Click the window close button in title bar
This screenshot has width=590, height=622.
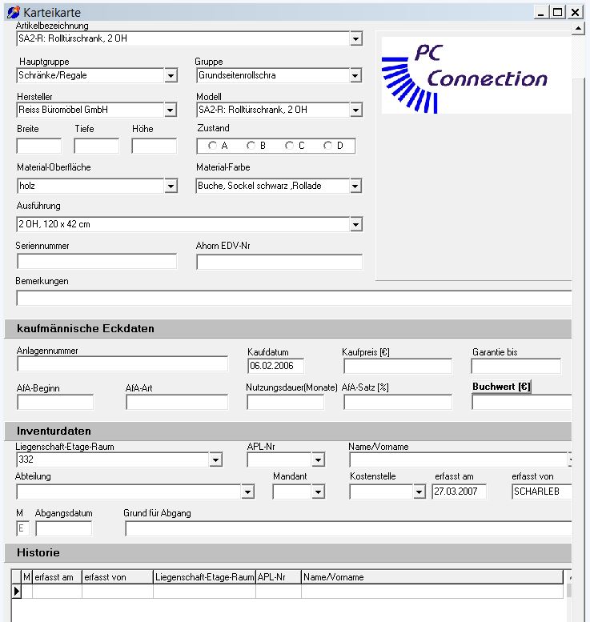pyautogui.click(x=575, y=12)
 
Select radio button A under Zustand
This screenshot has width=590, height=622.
pyautogui.click(x=212, y=146)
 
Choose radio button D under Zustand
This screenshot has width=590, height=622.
pyautogui.click(x=327, y=146)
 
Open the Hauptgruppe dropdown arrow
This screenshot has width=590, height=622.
pyautogui.click(x=171, y=76)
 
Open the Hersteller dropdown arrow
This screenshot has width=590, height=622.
pyautogui.click(x=171, y=110)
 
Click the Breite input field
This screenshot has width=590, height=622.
pyautogui.click(x=38, y=146)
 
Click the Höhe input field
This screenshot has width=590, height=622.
pyautogui.click(x=154, y=146)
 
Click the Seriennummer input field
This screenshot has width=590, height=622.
pyautogui.click(x=96, y=262)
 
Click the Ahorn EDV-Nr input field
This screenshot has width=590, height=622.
pyautogui.click(x=279, y=262)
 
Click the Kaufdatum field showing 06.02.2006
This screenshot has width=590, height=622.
pyautogui.click(x=275, y=366)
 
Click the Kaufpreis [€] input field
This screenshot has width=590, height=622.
pyautogui.click(x=397, y=366)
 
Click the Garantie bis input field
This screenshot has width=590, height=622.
pyautogui.click(x=516, y=366)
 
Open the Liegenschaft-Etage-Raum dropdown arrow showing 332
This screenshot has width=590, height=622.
pyautogui.click(x=215, y=460)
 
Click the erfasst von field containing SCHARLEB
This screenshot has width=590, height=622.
pyautogui.click(x=541, y=492)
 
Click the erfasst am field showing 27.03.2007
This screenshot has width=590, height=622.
pyautogui.click(x=459, y=492)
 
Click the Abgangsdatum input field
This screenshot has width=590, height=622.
pyautogui.click(x=63, y=528)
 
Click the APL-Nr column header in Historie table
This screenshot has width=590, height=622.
pyautogui.click(x=278, y=577)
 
